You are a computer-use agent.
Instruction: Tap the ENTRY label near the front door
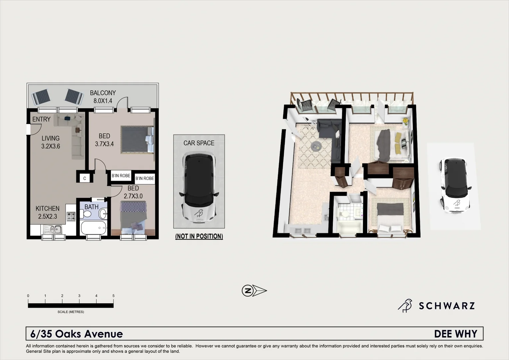tap(41, 119)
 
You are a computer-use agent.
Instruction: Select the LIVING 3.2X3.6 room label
tap(51, 142)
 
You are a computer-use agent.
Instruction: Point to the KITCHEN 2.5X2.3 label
tap(48, 212)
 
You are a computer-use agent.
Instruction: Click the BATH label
tap(91, 207)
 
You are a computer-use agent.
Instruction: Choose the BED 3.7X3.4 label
tap(104, 140)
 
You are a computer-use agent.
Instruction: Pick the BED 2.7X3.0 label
tap(133, 192)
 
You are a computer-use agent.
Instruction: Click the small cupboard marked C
tap(85, 178)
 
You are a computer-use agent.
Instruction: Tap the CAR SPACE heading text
tap(199, 143)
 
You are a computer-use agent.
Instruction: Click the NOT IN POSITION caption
tap(199, 236)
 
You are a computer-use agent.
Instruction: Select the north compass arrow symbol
tap(254, 290)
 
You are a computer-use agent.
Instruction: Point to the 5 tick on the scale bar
tap(113, 296)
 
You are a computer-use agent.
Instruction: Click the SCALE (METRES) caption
tap(71, 312)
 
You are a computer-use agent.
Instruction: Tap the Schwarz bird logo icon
tap(405, 305)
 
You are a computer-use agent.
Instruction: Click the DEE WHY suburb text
tap(456, 334)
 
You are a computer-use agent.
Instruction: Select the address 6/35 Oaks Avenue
tap(77, 334)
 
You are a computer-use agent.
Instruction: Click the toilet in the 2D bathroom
tap(88, 214)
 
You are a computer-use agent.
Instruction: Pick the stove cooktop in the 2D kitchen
tap(71, 216)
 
